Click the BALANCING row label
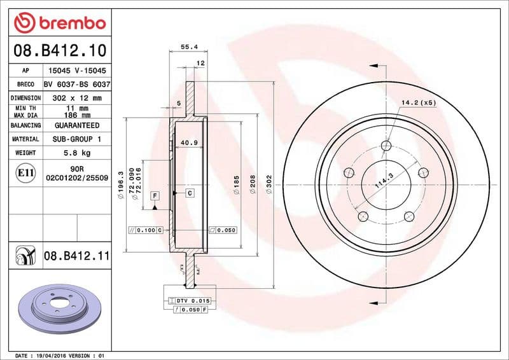click(26, 125)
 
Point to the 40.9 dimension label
click(189, 142)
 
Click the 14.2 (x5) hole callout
click(419, 102)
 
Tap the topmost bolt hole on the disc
click(386, 146)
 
